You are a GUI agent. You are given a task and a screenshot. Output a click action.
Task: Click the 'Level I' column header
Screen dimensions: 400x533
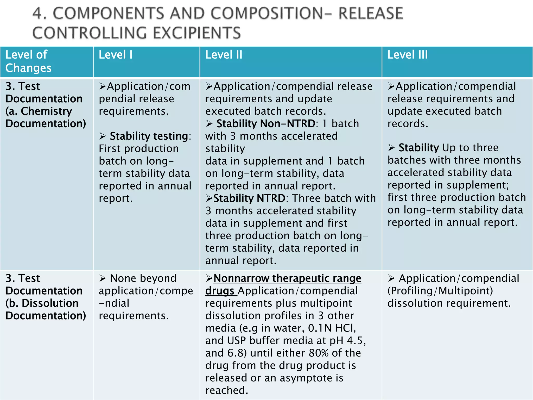(116, 55)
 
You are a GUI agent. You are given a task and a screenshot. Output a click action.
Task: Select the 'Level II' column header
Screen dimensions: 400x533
(224, 55)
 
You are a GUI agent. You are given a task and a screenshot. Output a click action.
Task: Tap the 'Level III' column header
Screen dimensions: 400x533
(407, 55)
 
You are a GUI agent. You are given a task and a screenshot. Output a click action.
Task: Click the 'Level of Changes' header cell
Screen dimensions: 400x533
(28, 61)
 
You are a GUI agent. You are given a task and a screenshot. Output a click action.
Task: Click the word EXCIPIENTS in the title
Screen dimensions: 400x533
(196, 33)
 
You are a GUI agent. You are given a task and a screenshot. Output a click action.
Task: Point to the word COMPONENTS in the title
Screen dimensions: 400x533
(108, 14)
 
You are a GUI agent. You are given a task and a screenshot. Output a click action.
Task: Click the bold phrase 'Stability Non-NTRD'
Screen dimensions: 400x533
(265, 124)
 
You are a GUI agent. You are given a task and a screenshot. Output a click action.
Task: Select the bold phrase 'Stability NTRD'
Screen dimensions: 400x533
(249, 198)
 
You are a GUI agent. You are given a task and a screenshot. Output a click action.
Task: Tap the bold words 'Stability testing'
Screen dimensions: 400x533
(149, 136)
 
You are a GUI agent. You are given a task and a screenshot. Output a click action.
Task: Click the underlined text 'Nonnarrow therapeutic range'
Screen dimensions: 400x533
(287, 278)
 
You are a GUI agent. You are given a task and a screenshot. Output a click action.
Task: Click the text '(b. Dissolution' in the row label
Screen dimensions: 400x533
(42, 303)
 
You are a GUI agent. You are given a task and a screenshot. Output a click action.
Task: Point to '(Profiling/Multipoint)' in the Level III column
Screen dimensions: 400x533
(440, 291)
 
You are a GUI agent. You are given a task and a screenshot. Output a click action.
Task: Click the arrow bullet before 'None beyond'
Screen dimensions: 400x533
(103, 278)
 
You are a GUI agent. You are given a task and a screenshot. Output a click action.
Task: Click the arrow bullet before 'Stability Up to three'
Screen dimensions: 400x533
(391, 148)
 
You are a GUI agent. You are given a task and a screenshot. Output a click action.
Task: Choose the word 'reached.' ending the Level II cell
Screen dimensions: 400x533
(227, 390)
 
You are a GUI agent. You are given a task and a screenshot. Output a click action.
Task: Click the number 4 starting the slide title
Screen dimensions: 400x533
(38, 14)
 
